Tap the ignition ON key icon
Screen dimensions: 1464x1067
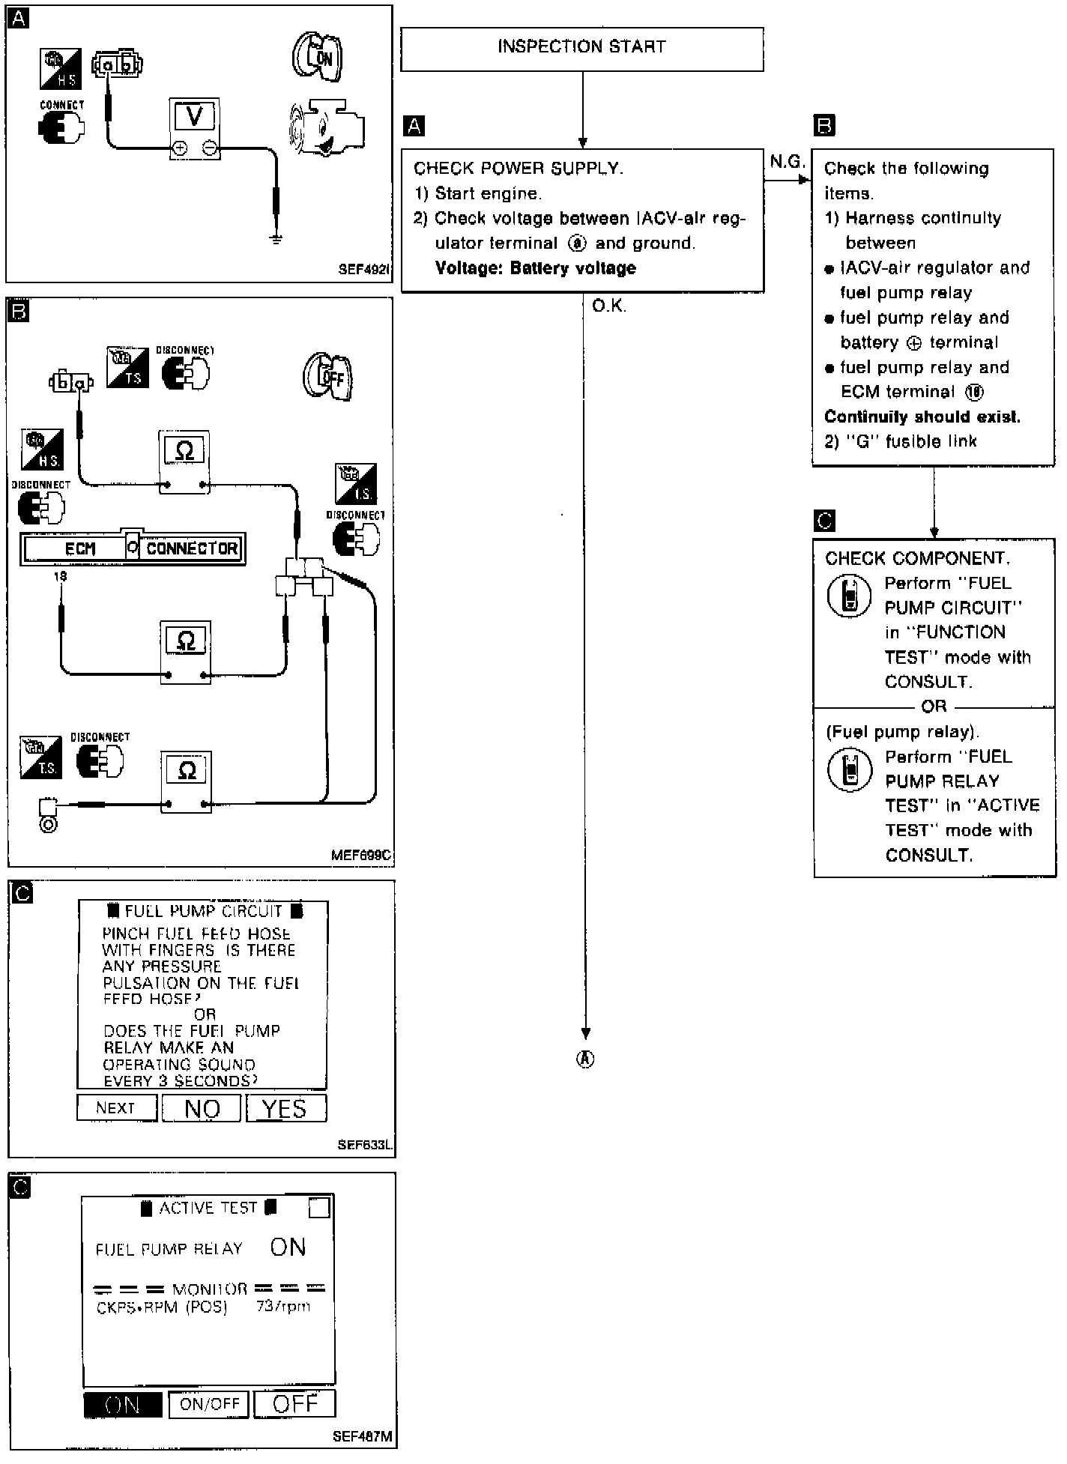click(x=317, y=58)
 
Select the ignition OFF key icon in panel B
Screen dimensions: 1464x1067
click(x=328, y=377)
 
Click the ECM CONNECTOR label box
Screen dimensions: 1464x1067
click(x=133, y=548)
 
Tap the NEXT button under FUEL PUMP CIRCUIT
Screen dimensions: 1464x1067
click(x=116, y=1107)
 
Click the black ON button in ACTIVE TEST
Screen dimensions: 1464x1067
click(x=122, y=1404)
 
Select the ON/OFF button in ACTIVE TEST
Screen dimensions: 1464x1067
click(x=209, y=1404)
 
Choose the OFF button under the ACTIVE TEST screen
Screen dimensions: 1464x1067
click(x=294, y=1404)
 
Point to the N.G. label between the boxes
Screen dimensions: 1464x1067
click(x=786, y=162)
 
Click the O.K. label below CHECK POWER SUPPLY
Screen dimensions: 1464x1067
click(x=609, y=306)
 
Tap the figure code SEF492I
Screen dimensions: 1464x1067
click(x=364, y=269)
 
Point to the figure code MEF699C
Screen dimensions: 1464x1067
click(x=361, y=855)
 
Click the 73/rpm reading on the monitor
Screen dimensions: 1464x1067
click(x=282, y=1306)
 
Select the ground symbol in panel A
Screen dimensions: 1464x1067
click(x=276, y=241)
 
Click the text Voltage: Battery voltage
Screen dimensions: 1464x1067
click(x=535, y=268)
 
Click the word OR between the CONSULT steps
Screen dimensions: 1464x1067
click(x=934, y=706)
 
